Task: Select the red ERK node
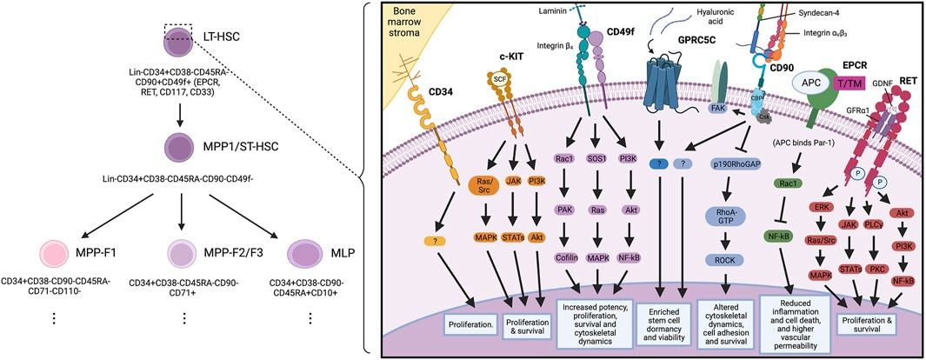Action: click(822, 207)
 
